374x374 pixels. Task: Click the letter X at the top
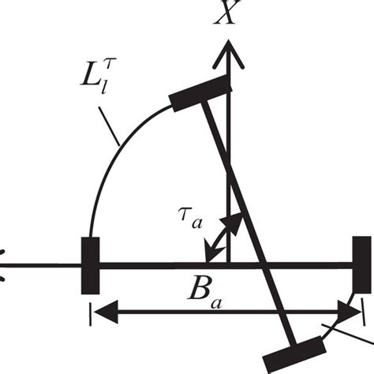228,17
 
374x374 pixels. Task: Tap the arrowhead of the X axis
228,49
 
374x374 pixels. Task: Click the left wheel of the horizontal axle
88,265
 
